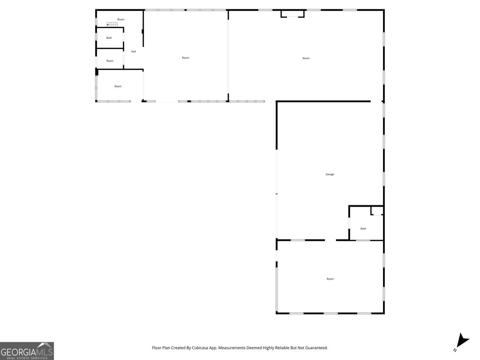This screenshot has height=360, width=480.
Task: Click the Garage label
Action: tap(330, 174)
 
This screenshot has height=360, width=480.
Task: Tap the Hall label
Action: tap(134, 52)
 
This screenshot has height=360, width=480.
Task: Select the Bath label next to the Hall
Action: tap(109, 38)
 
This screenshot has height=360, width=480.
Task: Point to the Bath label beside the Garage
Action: tap(363, 229)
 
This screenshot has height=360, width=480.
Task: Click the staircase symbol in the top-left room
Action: tap(112, 24)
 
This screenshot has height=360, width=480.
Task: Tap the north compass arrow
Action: tap(462, 341)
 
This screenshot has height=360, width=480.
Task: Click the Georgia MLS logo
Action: tap(27, 351)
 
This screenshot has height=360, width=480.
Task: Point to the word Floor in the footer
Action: tap(157, 348)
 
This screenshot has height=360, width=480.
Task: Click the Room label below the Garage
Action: tap(330, 279)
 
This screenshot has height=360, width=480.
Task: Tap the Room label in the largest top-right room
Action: tap(306, 58)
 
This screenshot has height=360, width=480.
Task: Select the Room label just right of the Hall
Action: tap(186, 58)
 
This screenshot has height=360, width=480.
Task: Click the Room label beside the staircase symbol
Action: tap(121, 19)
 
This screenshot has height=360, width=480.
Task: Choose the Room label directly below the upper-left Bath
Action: tap(110, 61)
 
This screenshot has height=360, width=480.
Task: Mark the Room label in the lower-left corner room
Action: tap(118, 86)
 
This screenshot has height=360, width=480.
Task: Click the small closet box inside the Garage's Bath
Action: tap(377, 210)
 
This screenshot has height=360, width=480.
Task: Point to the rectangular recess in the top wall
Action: tap(292, 14)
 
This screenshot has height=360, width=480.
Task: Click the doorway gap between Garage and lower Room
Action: tap(330, 240)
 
